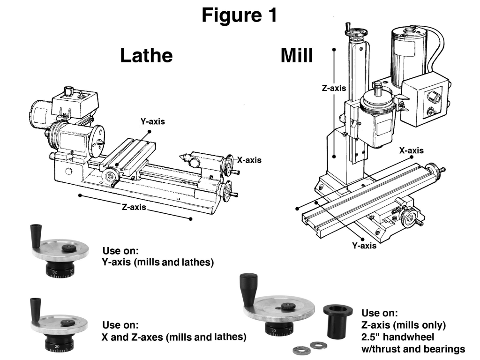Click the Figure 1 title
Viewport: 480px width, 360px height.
[240, 15]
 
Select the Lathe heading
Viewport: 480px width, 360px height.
[146, 55]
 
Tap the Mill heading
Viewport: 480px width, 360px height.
[296, 55]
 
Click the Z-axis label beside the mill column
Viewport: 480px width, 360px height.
[334, 88]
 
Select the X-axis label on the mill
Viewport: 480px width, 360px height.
[411, 150]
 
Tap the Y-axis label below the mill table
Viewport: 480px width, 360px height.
[364, 246]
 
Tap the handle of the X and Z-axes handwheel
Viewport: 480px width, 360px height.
[34, 307]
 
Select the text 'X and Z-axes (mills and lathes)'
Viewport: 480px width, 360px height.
[174, 337]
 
